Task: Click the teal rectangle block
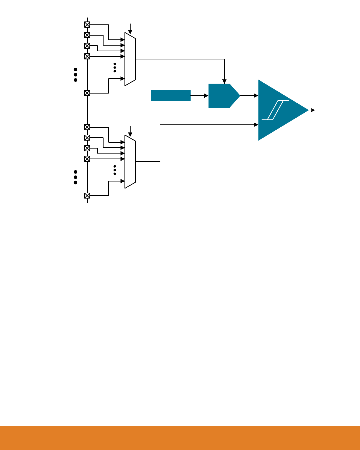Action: (171, 96)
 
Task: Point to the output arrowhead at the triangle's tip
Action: (313, 110)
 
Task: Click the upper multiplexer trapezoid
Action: (130, 59)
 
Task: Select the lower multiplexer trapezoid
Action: (130, 161)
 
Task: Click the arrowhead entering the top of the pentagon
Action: (224, 81)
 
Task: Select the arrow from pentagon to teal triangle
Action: (249, 96)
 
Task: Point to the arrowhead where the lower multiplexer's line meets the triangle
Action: (256, 125)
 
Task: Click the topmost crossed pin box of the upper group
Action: (87, 24)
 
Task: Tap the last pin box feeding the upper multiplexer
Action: (87, 93)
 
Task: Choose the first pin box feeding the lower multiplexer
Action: (87, 127)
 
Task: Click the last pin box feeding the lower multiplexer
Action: (87, 196)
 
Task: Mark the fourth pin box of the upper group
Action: (87, 56)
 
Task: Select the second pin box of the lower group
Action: (87, 138)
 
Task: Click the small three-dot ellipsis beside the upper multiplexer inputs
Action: (115, 68)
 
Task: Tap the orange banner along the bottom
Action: (180, 438)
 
